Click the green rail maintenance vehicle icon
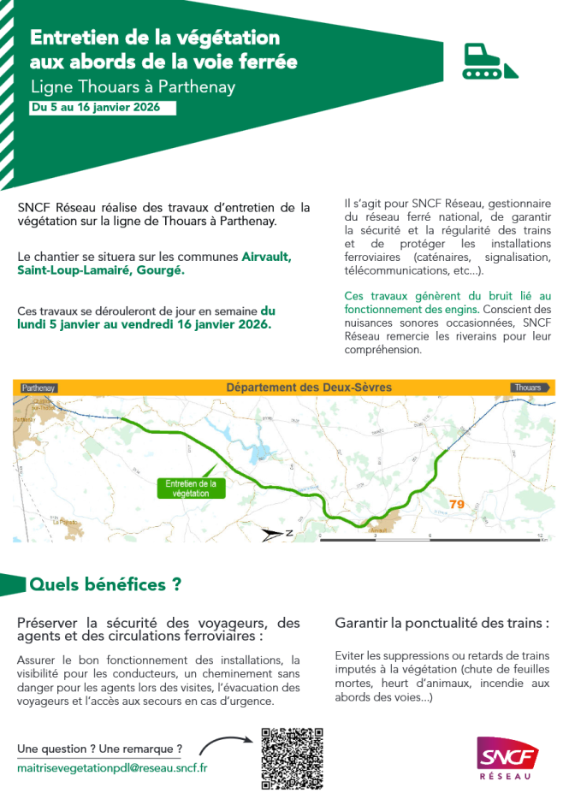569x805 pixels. pyautogui.click(x=490, y=62)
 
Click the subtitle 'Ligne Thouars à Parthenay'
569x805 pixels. pyautogui.click(x=132, y=87)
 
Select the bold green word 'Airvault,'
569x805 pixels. pyautogui.click(x=266, y=256)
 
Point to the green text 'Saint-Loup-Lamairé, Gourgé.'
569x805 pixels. pyautogui.click(x=101, y=269)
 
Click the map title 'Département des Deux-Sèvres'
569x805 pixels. pyautogui.click(x=308, y=388)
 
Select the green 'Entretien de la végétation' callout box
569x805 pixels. pyautogui.click(x=190, y=488)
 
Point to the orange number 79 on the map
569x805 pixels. pyautogui.click(x=457, y=504)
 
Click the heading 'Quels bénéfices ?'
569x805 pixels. pyautogui.click(x=105, y=585)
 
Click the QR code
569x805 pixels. pyautogui.click(x=292, y=758)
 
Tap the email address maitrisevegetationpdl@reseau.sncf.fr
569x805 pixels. pyautogui.click(x=112, y=767)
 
